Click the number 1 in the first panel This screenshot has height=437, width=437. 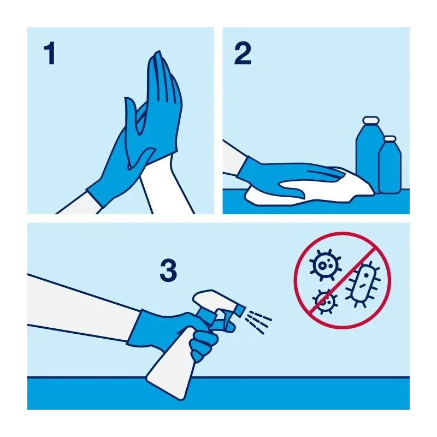pyautogui.click(x=50, y=53)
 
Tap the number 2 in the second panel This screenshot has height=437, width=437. pyautogui.click(x=243, y=53)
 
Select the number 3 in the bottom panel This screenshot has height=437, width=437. pyautogui.click(x=168, y=270)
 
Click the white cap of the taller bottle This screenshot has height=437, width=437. pyautogui.click(x=371, y=120)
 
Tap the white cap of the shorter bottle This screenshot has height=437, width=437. pyautogui.click(x=390, y=139)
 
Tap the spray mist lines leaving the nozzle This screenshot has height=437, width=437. pyautogui.click(x=258, y=322)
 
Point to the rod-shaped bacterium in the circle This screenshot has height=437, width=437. pyautogui.click(x=363, y=284)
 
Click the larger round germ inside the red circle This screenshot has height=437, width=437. pyautogui.click(x=325, y=265)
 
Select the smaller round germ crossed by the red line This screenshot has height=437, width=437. pyautogui.click(x=324, y=302)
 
